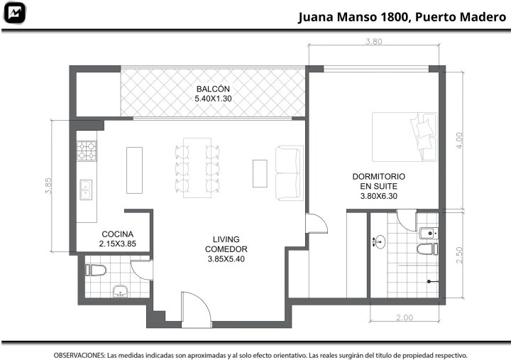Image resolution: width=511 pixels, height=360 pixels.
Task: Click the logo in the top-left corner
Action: [14, 13]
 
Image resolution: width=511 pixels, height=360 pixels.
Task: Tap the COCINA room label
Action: [117, 234]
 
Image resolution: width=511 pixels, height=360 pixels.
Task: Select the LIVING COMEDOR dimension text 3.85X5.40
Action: [226, 259]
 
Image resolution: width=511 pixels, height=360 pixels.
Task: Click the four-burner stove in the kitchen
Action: [87, 151]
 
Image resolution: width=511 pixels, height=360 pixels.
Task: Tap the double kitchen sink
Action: [86, 190]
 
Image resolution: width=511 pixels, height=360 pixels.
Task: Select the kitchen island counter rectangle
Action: [134, 170]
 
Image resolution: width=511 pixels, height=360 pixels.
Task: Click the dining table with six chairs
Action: [197, 168]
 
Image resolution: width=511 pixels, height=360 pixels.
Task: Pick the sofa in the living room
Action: [290, 173]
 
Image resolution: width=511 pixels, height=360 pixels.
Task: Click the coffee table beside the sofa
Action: [260, 173]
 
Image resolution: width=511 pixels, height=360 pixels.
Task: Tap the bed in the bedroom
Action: [405, 137]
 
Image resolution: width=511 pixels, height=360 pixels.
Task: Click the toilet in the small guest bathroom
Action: [96, 270]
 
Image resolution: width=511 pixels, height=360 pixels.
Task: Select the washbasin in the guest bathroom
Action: [121, 291]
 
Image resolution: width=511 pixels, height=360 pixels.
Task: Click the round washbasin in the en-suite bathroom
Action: [380, 242]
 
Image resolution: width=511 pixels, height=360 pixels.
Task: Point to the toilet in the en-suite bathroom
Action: [427, 249]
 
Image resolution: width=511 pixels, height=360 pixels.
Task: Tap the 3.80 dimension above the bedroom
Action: [373, 41]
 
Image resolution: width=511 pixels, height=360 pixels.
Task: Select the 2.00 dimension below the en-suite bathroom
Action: [405, 317]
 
